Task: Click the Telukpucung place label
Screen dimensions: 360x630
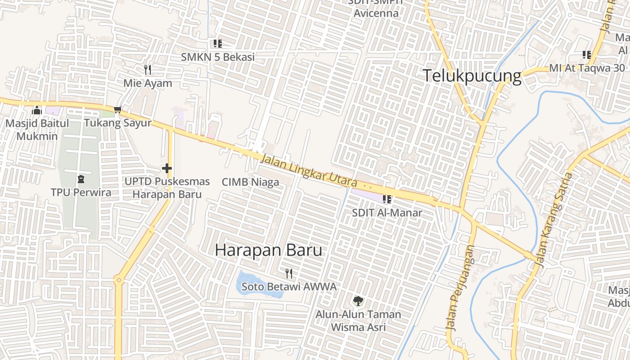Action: [x=472, y=76]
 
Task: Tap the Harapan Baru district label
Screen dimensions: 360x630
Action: [x=268, y=250]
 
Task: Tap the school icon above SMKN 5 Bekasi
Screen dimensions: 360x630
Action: [x=218, y=44]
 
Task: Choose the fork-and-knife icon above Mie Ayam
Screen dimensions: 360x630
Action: [x=148, y=70]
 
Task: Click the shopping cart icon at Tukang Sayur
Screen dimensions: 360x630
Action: [x=118, y=109]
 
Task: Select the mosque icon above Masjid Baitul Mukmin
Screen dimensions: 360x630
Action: [x=37, y=110]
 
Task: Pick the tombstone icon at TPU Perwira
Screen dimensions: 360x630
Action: [x=81, y=179]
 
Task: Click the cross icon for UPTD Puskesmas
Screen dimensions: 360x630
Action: [x=167, y=169]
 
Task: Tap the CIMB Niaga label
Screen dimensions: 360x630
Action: [x=250, y=182]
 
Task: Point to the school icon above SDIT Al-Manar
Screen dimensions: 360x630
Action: [x=387, y=199]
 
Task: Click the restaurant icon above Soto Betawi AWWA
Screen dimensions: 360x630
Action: [x=289, y=273]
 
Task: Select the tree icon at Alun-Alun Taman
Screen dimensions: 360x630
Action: [x=358, y=301]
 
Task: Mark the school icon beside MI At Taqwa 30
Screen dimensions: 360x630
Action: [x=587, y=55]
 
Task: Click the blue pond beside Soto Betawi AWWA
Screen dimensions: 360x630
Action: [x=259, y=285]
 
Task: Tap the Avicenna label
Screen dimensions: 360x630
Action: [x=376, y=13]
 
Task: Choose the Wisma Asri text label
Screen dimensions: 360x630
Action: [x=358, y=327]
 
